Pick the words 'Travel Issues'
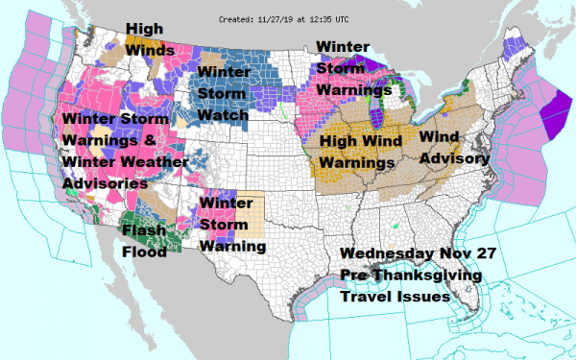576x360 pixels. coord(396,297)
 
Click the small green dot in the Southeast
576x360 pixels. coord(396,228)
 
